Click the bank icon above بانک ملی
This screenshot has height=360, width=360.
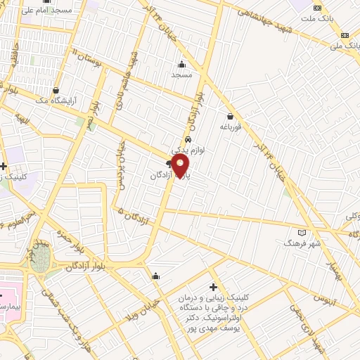pyautogui.click(x=345, y=36)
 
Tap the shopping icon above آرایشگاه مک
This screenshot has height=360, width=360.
pyautogui.click(x=56, y=90)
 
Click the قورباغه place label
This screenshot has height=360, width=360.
pyautogui.click(x=229, y=127)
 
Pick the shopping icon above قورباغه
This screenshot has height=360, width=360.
pyautogui.click(x=230, y=117)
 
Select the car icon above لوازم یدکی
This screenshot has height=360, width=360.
pyautogui.click(x=188, y=139)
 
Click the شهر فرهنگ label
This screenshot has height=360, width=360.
pyautogui.click(x=302, y=242)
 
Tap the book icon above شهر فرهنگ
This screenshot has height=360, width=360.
pyautogui.click(x=302, y=232)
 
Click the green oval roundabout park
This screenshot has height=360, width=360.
pyautogui.click(x=40, y=259)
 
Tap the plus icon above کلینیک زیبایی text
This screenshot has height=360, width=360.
pyautogui.click(x=214, y=287)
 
